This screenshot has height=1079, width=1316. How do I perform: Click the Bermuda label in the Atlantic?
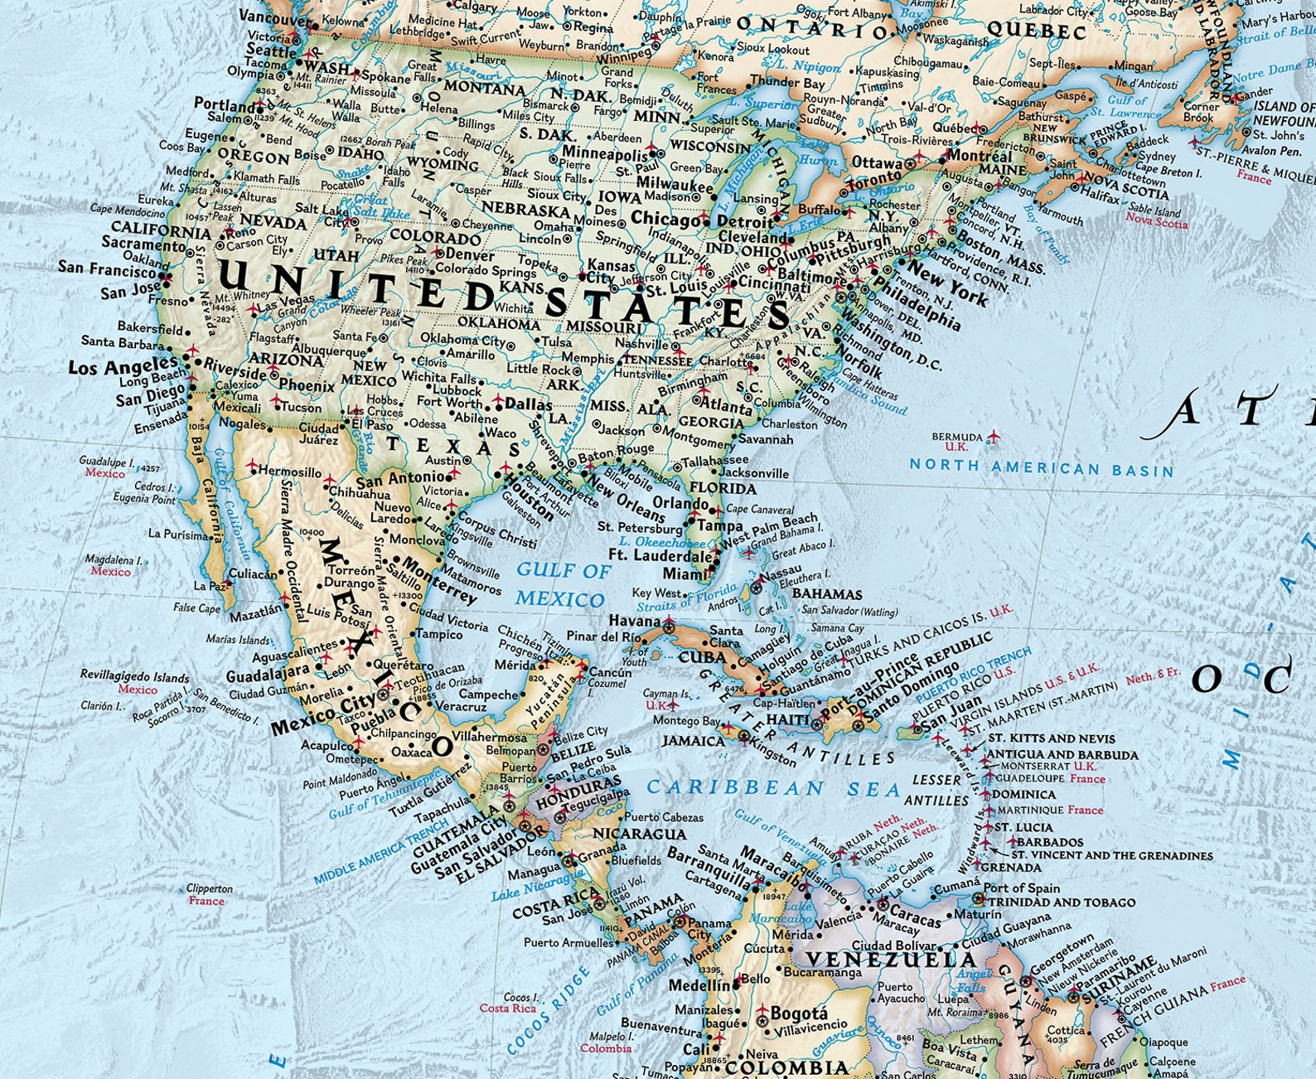(x=956, y=437)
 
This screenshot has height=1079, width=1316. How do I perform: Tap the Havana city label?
(x=635, y=620)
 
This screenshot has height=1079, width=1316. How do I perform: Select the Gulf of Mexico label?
(x=562, y=584)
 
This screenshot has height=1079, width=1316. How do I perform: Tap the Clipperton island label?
(x=209, y=888)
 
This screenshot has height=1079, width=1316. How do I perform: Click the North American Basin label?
(x=1041, y=467)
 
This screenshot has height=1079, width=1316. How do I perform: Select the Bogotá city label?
(x=799, y=1013)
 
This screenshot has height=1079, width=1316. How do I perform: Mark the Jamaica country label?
(x=694, y=740)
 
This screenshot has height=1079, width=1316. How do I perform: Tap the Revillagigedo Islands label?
(x=134, y=676)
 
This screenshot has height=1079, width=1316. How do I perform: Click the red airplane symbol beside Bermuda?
(x=993, y=437)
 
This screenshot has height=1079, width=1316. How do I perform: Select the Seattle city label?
(x=270, y=51)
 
